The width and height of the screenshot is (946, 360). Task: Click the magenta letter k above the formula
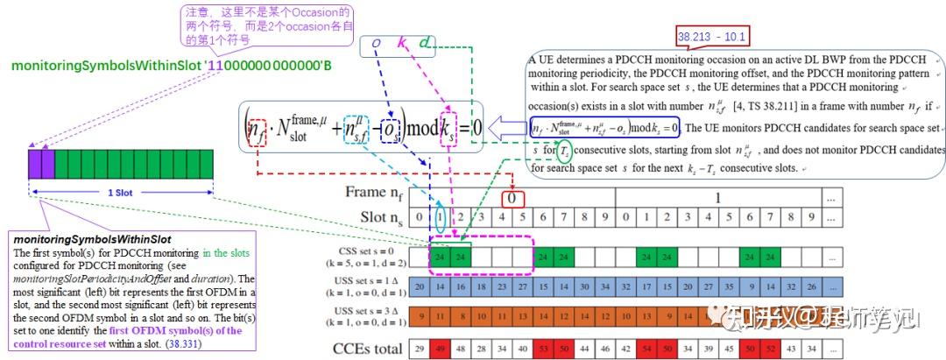(x=401, y=43)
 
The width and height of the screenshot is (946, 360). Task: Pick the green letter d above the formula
(x=425, y=43)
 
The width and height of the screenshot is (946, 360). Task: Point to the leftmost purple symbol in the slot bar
(x=34, y=164)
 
